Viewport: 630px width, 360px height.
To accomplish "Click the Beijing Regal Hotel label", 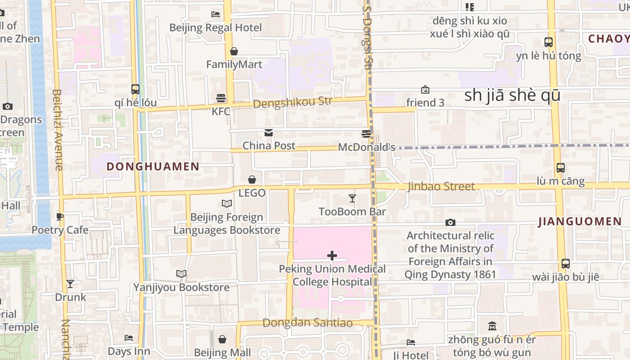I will pyautogui.click(x=215, y=27).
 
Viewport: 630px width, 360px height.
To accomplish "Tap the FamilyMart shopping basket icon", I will pyautogui.click(x=234, y=51).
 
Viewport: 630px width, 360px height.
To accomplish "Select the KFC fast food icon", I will pyautogui.click(x=221, y=98).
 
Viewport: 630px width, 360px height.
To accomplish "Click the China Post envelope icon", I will pyautogui.click(x=269, y=133).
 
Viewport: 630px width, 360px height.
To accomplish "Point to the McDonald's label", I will pyautogui.click(x=366, y=147).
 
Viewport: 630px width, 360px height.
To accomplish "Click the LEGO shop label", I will pyautogui.click(x=252, y=193).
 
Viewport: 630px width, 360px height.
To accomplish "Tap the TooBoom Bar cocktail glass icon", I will pyautogui.click(x=352, y=198).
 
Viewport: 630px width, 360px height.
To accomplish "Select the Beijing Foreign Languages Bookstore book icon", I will pyautogui.click(x=227, y=204).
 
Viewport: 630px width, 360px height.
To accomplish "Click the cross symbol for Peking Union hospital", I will pyautogui.click(x=332, y=256).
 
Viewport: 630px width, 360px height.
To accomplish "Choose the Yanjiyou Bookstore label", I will pyautogui.click(x=181, y=287).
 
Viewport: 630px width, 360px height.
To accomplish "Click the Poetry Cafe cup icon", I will pyautogui.click(x=60, y=217).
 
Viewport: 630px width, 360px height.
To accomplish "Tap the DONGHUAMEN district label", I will pyautogui.click(x=153, y=166).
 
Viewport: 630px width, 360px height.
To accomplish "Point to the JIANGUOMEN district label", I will pyautogui.click(x=580, y=221).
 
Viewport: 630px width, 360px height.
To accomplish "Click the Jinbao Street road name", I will pyautogui.click(x=441, y=186).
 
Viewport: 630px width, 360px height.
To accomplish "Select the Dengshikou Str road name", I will pyautogui.click(x=292, y=103).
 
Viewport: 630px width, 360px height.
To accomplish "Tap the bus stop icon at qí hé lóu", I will pyautogui.click(x=135, y=89).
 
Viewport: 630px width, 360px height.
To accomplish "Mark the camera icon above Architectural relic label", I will pyautogui.click(x=450, y=222).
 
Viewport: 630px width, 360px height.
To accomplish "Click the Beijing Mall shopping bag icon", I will pyautogui.click(x=222, y=339).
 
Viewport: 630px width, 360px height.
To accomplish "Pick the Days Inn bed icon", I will pyautogui.click(x=129, y=337).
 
